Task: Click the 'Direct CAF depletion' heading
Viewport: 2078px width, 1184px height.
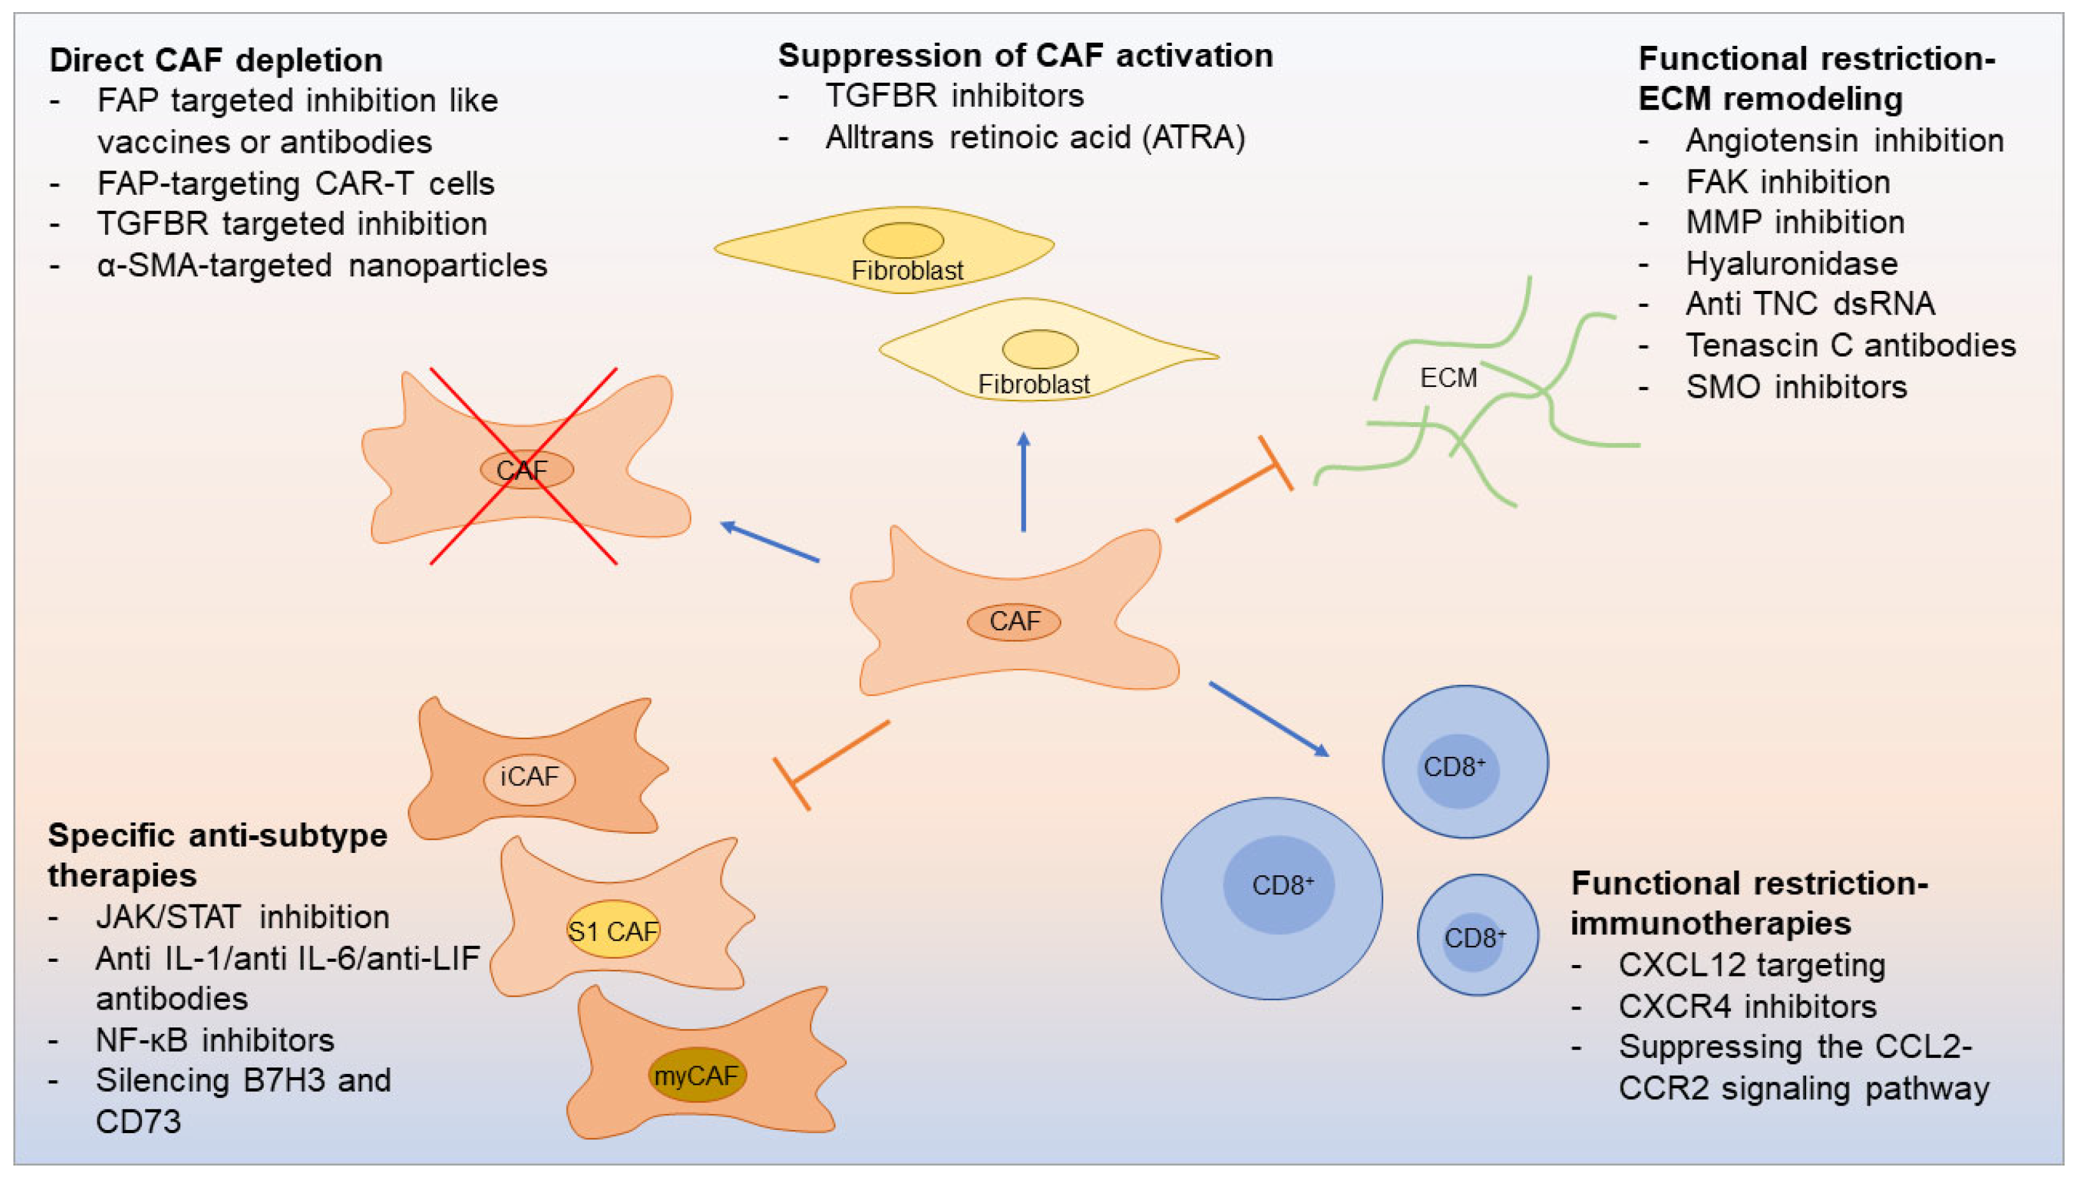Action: click(215, 60)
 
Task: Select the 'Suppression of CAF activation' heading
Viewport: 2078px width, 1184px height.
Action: click(1025, 55)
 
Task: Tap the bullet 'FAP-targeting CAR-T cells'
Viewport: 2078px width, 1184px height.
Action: click(295, 183)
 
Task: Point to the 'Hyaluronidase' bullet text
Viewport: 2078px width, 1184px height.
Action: click(1791, 264)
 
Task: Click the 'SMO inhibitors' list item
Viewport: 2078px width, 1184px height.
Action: click(1796, 387)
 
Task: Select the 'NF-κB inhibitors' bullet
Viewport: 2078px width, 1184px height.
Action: click(215, 1040)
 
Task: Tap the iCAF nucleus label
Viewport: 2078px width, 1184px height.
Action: click(529, 777)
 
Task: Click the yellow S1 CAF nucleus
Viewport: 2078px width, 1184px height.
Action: click(613, 929)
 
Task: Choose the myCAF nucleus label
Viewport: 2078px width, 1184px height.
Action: click(696, 1075)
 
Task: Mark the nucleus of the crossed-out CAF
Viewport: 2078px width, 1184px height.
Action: click(526, 469)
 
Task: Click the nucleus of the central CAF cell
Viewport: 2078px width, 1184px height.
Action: click(1014, 622)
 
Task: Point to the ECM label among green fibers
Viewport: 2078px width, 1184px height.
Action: click(1448, 378)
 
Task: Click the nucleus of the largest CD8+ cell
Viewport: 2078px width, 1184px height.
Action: click(1279, 885)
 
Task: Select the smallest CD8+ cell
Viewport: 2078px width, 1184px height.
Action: click(1477, 935)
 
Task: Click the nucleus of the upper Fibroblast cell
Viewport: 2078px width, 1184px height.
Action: click(903, 240)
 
